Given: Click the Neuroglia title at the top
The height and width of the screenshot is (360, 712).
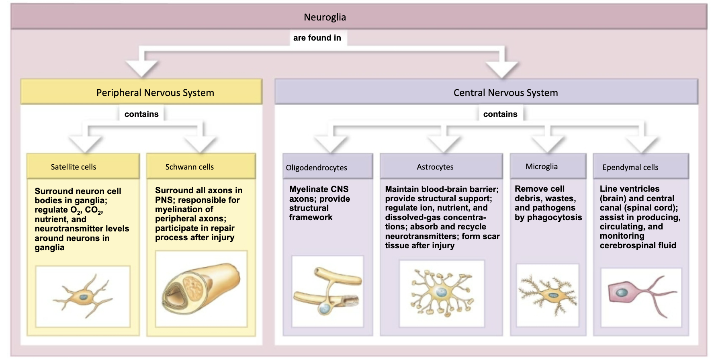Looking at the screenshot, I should click(x=325, y=17).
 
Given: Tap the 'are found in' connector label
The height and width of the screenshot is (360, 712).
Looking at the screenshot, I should click(x=317, y=38).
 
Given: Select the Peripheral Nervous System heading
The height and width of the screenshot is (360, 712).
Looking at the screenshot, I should click(x=155, y=93).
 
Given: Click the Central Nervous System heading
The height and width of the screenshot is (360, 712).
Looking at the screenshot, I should click(x=505, y=93).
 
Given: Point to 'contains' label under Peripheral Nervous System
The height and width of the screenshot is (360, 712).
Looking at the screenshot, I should click(x=141, y=114).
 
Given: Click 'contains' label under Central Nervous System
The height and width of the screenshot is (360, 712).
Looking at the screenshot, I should click(x=500, y=114).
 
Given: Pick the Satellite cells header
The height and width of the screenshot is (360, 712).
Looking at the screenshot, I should click(x=74, y=167).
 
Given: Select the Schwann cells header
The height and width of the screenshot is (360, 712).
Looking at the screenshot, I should click(x=189, y=167).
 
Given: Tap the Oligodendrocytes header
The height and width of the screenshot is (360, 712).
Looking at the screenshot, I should click(x=316, y=168).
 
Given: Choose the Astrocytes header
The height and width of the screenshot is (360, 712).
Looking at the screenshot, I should click(x=435, y=167).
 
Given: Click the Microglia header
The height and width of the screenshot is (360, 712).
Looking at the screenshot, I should click(x=541, y=166).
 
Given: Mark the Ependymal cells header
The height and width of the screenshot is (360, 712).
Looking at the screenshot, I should click(x=630, y=167).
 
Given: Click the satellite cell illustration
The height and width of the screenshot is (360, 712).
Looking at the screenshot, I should click(x=83, y=297).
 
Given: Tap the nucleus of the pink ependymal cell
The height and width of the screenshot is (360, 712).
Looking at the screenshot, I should click(x=622, y=292).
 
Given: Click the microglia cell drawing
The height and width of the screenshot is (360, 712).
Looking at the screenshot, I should click(x=548, y=295).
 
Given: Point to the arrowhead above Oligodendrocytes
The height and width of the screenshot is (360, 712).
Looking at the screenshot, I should click(x=331, y=145).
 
